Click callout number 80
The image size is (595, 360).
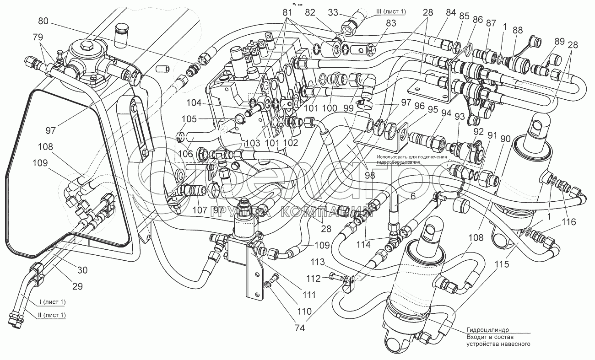pyautogui.click(x=43, y=21)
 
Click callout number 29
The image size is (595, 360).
pyautogui.click(x=77, y=286)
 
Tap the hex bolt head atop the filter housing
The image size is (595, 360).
pyautogui.click(x=86, y=47)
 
